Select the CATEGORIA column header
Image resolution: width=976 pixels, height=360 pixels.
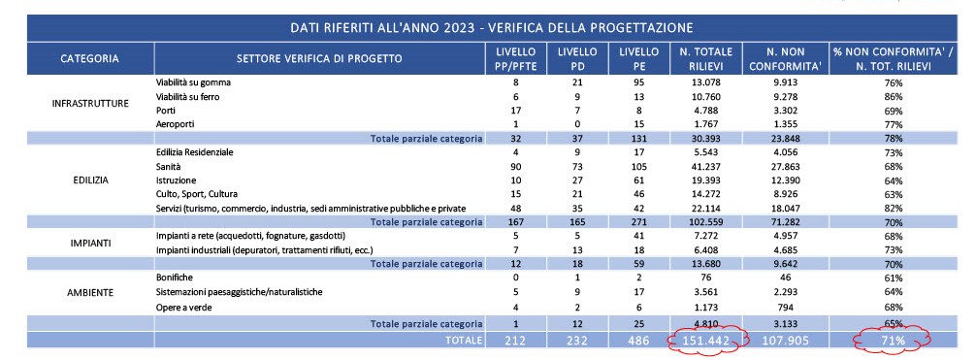point(90,58)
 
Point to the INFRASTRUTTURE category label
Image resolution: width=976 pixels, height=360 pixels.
point(90,104)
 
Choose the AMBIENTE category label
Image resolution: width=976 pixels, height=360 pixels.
point(90,291)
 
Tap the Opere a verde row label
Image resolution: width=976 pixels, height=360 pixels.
point(183,307)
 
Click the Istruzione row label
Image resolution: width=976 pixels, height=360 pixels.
point(177,180)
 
